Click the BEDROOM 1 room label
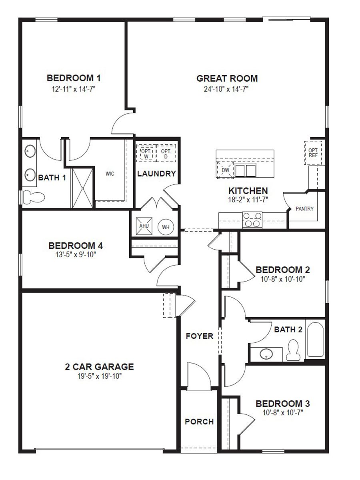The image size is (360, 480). (x=74, y=77)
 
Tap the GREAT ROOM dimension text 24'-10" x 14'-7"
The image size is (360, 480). (x=226, y=89)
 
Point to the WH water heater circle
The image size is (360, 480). (x=166, y=227)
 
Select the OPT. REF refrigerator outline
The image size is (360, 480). (x=313, y=152)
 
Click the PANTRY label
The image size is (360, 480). (x=304, y=209)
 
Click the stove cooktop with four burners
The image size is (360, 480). (x=253, y=220)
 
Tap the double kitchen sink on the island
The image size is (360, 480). (x=245, y=170)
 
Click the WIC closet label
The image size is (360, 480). (x=110, y=174)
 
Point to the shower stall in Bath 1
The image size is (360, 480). (x=83, y=187)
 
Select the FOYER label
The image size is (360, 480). (x=200, y=336)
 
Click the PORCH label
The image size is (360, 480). (x=199, y=422)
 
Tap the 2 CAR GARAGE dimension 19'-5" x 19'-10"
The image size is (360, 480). (x=99, y=376)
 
